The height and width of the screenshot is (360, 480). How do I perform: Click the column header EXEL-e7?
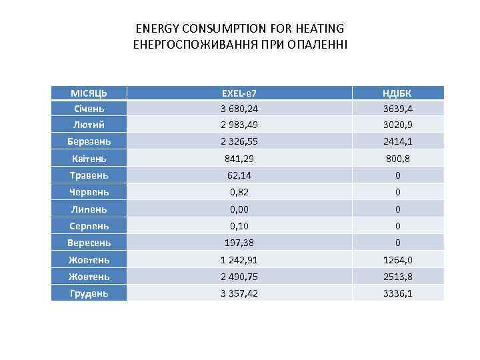(239, 92)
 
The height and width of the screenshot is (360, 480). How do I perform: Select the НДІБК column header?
(398, 92)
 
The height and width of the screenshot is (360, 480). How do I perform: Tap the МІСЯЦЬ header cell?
(89, 92)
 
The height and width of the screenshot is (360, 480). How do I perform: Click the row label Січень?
(89, 108)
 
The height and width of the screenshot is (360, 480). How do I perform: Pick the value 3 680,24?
(239, 108)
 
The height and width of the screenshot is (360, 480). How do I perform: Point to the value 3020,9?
(398, 125)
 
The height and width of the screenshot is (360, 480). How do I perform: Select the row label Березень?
(89, 141)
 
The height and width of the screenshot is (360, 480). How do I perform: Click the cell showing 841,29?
(239, 159)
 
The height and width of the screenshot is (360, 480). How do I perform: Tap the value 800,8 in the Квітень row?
(398, 159)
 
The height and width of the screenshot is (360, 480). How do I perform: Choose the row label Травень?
(89, 175)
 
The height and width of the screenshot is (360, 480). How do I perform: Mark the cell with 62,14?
(239, 175)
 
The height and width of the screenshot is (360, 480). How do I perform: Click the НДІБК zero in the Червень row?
(398, 192)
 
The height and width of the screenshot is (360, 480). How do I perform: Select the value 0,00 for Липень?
(239, 209)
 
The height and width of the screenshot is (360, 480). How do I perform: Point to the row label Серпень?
(89, 226)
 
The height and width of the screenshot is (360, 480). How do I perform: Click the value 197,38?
(239, 243)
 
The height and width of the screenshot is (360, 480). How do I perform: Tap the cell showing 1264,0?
(398, 260)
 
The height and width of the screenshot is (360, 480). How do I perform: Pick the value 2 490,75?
(239, 276)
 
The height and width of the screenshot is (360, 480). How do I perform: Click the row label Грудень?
(89, 293)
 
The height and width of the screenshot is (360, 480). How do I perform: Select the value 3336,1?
(398, 293)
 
